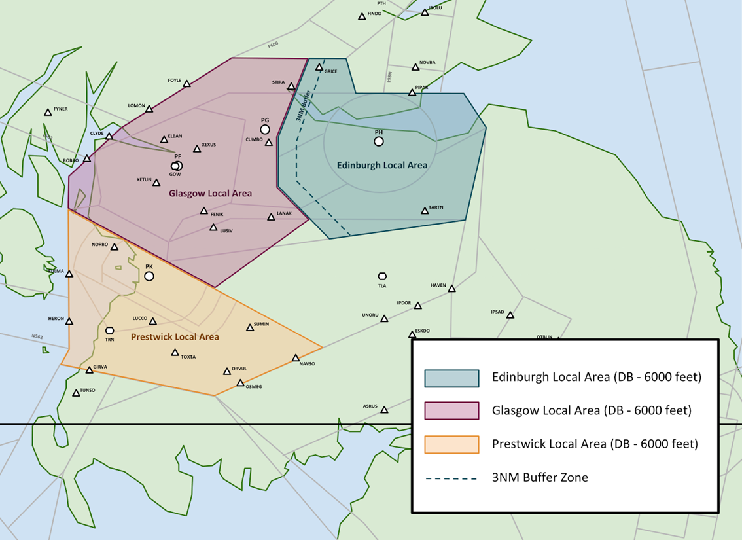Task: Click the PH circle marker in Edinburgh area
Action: [x=379, y=141]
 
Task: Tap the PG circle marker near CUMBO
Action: [x=265, y=130]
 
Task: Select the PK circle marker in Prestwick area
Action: [x=149, y=276]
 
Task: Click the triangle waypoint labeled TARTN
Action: [x=424, y=211]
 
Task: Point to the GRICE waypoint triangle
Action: [x=319, y=67]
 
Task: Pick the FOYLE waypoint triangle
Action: [x=186, y=84]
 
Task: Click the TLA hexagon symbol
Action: [x=382, y=277]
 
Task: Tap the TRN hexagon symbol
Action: [x=109, y=331]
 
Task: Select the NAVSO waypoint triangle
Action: [x=296, y=358]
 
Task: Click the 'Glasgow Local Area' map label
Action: [x=210, y=194]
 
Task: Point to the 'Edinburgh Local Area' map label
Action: [x=382, y=166]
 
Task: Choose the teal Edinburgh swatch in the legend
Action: [x=451, y=378]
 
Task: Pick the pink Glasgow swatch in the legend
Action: [x=451, y=411]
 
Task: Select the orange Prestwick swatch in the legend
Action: [x=451, y=444]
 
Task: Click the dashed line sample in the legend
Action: [x=451, y=478]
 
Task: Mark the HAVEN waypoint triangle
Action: [x=451, y=289]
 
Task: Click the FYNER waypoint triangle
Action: [x=48, y=113]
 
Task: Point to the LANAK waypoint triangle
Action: [x=271, y=217]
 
